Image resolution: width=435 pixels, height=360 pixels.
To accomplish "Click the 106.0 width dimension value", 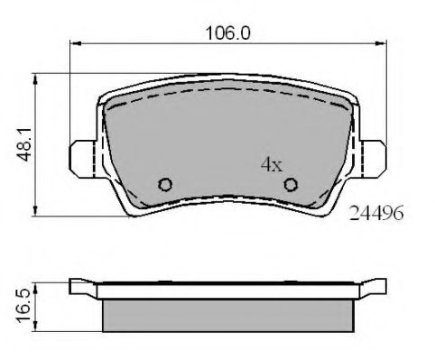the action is pyautogui.click(x=227, y=33).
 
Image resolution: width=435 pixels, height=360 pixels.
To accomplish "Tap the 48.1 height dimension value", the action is pyautogui.click(x=23, y=144).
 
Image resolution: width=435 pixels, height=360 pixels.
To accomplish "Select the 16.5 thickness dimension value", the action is pyautogui.click(x=23, y=306).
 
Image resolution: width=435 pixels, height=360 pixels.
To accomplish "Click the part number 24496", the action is pyautogui.click(x=376, y=213).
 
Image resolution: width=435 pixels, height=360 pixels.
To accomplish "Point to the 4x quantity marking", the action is pyautogui.click(x=272, y=164).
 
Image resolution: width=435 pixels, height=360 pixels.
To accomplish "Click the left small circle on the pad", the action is pyautogui.click(x=165, y=184).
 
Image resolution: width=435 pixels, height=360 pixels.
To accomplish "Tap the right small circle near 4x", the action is pyautogui.click(x=291, y=184).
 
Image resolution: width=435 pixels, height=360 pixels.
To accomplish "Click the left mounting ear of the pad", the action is pyautogui.click(x=83, y=159).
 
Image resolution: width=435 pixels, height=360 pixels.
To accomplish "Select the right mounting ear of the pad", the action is pyautogui.click(x=373, y=159).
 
